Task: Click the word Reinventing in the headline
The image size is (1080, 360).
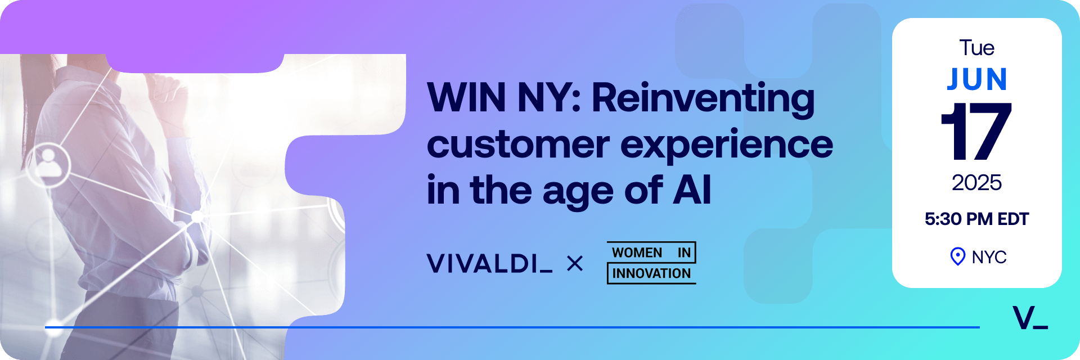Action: click(x=703, y=100)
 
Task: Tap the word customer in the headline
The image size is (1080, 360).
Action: click(x=518, y=145)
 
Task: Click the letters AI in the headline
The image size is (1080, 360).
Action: click(x=692, y=190)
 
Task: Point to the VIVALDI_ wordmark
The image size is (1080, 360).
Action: click(x=489, y=263)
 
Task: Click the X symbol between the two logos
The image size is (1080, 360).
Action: click(x=575, y=263)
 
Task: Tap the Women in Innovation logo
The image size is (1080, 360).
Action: click(x=651, y=263)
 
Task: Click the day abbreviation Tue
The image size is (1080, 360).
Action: click(x=977, y=48)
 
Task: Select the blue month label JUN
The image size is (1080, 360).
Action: click(x=976, y=79)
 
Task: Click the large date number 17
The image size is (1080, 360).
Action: click(x=976, y=131)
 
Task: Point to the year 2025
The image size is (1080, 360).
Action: click(x=976, y=183)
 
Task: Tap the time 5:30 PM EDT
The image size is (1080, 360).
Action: click(x=976, y=219)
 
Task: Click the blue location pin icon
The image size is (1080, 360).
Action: click(x=957, y=256)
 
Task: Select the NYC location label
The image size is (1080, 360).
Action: click(x=989, y=257)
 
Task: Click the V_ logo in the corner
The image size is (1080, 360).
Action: click(x=1030, y=318)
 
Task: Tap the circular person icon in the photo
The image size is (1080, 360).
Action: click(x=48, y=164)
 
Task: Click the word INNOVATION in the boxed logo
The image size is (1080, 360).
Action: click(x=651, y=273)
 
